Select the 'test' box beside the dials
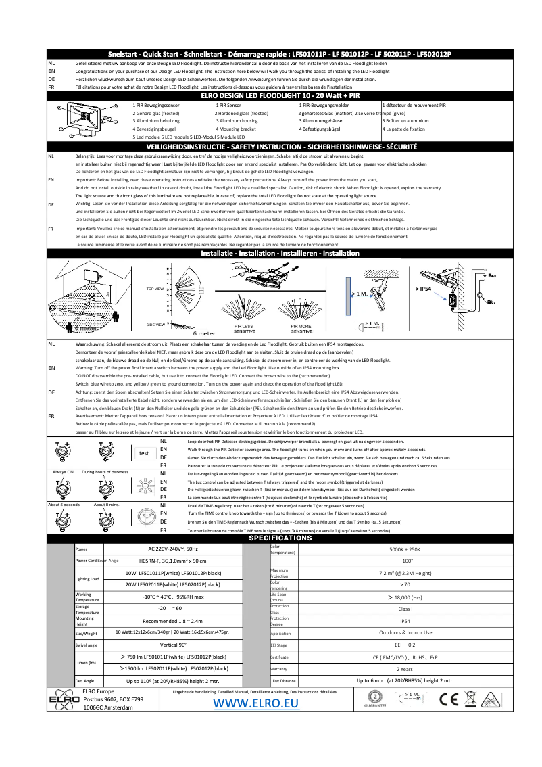(x=144, y=453)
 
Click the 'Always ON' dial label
(x=61, y=471)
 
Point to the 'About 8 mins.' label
(x=106, y=505)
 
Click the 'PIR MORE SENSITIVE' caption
(x=301, y=329)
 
